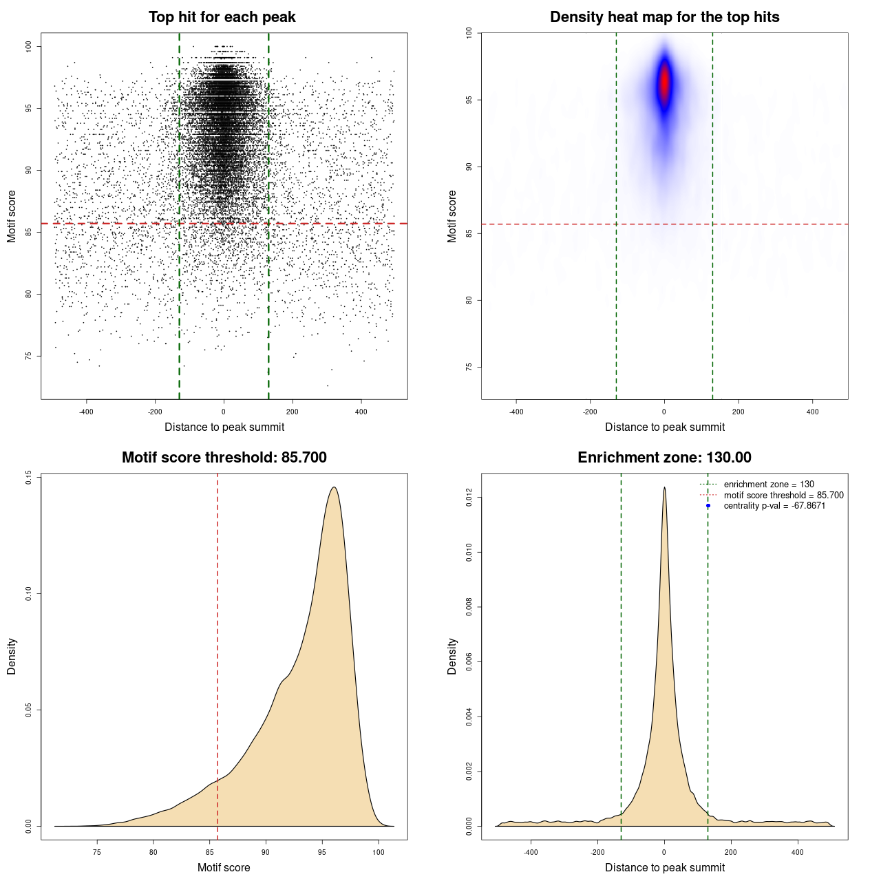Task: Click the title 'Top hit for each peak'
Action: pyautogui.click(x=222, y=17)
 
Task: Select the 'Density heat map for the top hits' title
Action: pyautogui.click(x=664, y=17)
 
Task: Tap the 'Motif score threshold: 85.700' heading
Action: pyautogui.click(x=224, y=458)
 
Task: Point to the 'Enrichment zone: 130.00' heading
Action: pyautogui.click(x=664, y=458)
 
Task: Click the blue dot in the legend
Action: pyautogui.click(x=708, y=506)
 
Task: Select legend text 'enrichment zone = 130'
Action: pyautogui.click(x=768, y=485)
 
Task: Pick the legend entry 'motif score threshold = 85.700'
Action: pyautogui.click(x=783, y=496)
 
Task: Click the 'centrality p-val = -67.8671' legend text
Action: pyautogui.click(x=774, y=506)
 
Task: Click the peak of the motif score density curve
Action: pyautogui.click(x=334, y=487)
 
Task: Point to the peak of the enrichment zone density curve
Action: pyautogui.click(x=664, y=487)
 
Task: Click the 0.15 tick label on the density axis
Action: pyautogui.click(x=28, y=477)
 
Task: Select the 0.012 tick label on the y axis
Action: pyautogui.click(x=469, y=498)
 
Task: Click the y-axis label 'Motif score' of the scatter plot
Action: pyautogui.click(x=12, y=216)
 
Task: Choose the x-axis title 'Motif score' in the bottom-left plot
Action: pyautogui.click(x=224, y=867)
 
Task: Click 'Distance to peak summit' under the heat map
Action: pyautogui.click(x=664, y=427)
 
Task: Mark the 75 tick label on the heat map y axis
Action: pyautogui.click(x=469, y=367)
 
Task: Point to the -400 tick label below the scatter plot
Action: pyautogui.click(x=86, y=412)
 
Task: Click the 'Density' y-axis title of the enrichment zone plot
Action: pyautogui.click(x=452, y=656)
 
